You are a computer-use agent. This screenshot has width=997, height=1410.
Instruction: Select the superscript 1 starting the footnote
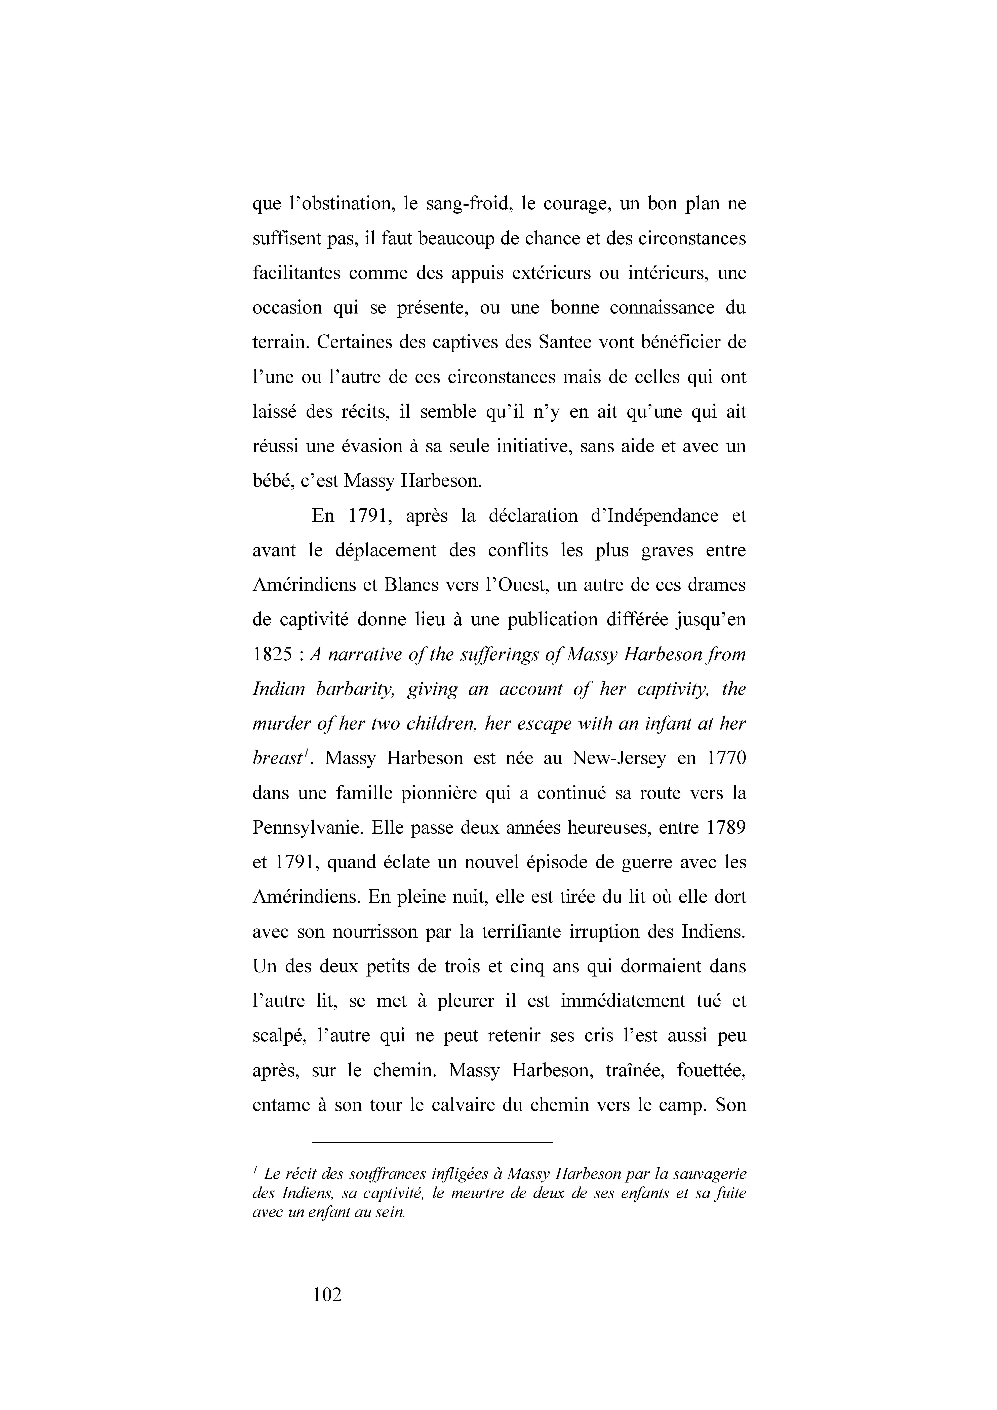[x=255, y=1170]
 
